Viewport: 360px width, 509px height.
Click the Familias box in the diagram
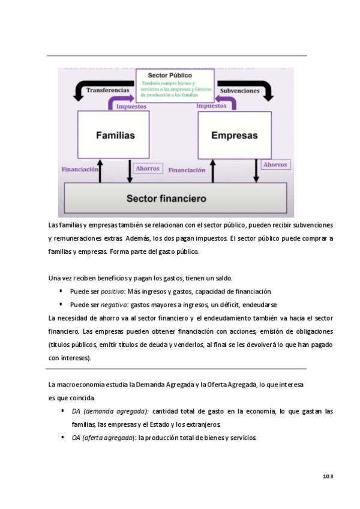pyautogui.click(x=115, y=135)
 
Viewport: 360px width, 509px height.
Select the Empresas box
pyautogui.click(x=234, y=135)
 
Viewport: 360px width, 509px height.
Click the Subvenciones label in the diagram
pyautogui.click(x=240, y=91)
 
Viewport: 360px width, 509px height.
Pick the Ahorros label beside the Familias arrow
pyautogui.click(x=148, y=169)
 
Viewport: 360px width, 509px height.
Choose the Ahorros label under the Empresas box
pyautogui.click(x=275, y=164)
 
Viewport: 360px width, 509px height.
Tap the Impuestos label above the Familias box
pyautogui.click(x=131, y=107)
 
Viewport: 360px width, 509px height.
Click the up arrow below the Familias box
pyautogui.click(x=100, y=170)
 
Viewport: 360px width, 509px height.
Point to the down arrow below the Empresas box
pyautogui.click(x=256, y=170)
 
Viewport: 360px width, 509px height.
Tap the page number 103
pyautogui.click(x=327, y=476)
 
